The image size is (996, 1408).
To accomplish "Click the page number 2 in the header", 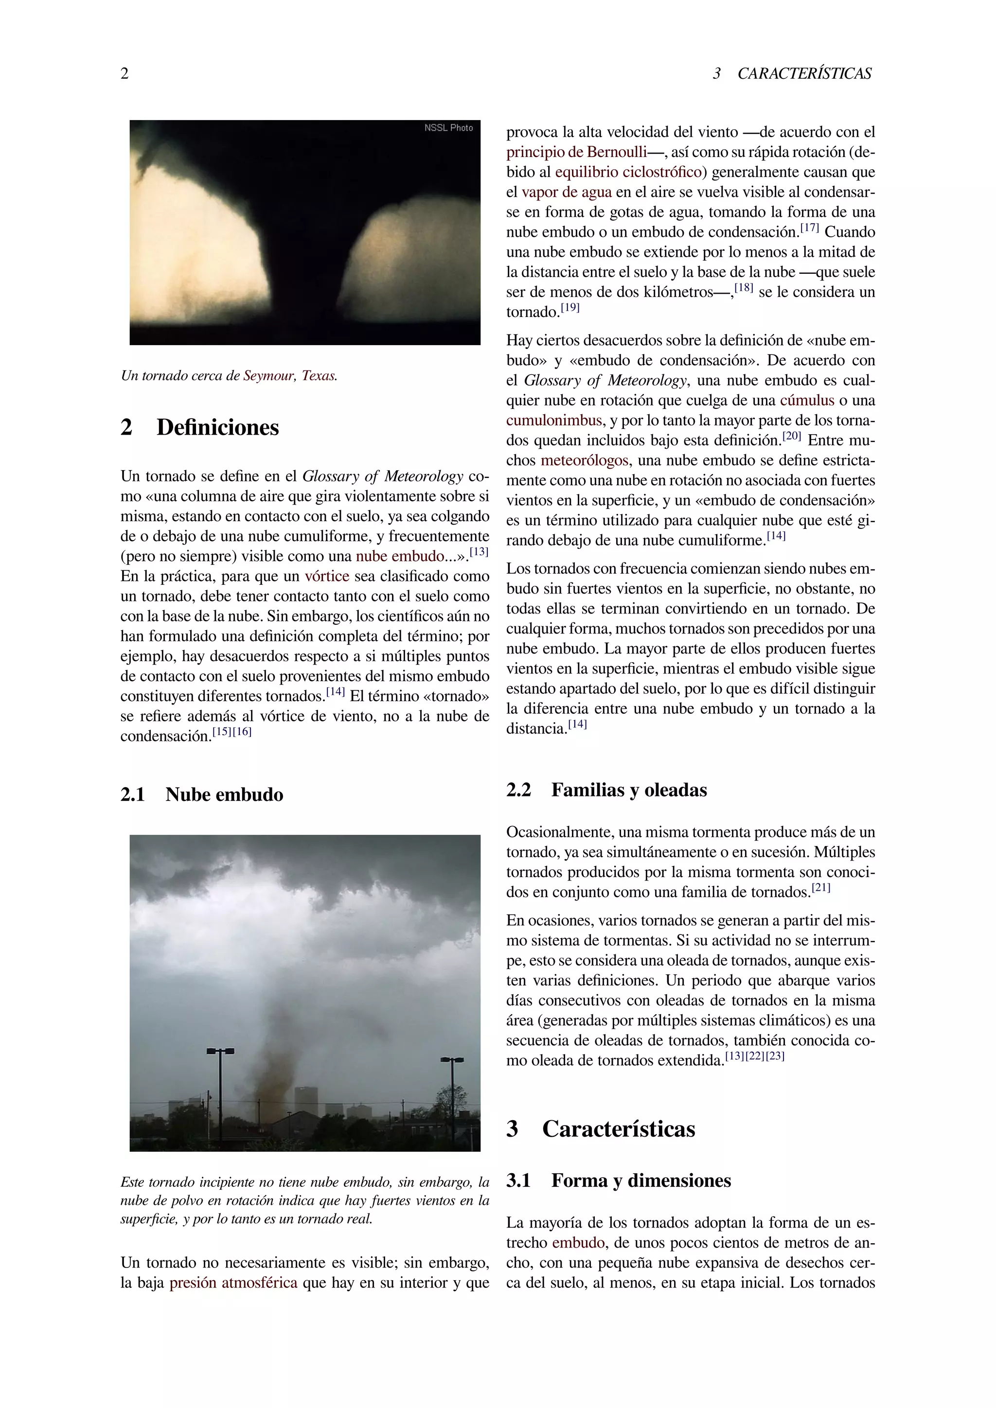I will click(124, 73).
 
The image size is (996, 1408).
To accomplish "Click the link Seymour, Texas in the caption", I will click(289, 376).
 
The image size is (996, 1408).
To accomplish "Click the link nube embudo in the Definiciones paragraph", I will click(399, 556).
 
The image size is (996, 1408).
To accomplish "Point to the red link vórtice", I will click(327, 577).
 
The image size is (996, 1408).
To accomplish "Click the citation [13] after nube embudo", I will click(479, 552).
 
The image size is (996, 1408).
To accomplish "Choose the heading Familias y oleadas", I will click(629, 790).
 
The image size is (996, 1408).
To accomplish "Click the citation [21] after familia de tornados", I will click(820, 888).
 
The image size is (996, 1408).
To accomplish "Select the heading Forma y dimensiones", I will click(641, 1180).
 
